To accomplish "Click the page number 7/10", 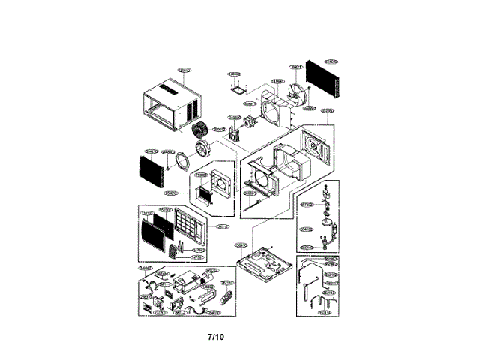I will [x=215, y=336].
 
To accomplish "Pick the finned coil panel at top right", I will [x=325, y=83].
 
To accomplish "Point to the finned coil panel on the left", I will [x=154, y=172].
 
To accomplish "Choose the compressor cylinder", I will [x=326, y=227].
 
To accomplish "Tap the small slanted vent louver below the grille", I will [x=178, y=250].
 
